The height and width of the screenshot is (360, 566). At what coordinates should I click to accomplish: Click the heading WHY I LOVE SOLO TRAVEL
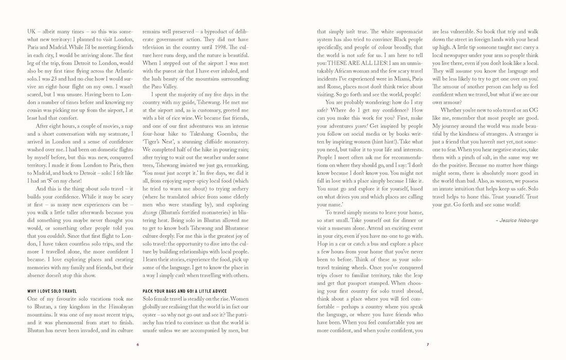coord(52,291)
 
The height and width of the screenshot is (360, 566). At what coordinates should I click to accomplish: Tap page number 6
coord(138,344)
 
